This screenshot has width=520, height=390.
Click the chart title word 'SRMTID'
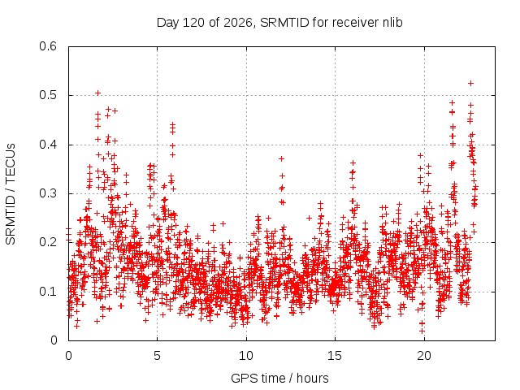[284, 23]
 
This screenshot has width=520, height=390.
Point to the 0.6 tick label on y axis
[48, 46]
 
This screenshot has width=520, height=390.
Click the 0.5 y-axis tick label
[48, 95]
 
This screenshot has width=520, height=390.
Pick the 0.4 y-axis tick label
[48, 145]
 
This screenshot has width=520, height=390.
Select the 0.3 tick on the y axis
[48, 193]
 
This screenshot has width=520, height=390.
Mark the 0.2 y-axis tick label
[48, 242]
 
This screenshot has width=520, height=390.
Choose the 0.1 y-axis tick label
[48, 292]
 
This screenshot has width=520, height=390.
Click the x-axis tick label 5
[157, 356]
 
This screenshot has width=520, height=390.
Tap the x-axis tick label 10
[246, 356]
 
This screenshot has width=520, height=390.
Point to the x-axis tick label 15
[335, 356]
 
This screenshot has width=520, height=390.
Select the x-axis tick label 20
[424, 356]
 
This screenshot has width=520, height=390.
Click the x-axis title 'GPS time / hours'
[279, 378]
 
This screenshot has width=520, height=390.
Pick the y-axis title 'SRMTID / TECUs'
[11, 194]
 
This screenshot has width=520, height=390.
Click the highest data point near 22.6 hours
[470, 83]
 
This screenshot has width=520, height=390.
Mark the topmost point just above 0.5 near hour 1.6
[97, 93]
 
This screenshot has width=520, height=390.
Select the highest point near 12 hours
[282, 159]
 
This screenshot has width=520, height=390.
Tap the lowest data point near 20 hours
[422, 331]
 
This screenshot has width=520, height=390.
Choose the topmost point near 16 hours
[353, 162]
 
